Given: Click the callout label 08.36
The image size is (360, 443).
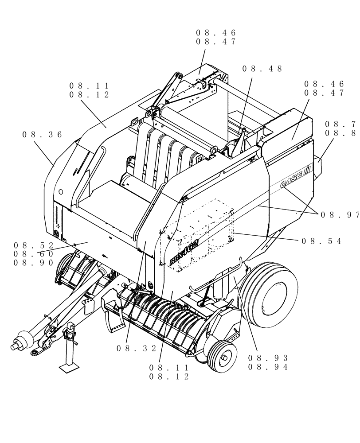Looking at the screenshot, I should pos(42,135).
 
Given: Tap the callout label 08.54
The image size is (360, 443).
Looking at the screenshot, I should pos(321,241).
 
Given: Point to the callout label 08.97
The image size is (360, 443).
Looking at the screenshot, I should pos(340,214).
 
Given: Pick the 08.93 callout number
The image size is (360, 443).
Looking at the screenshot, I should pos(268,358).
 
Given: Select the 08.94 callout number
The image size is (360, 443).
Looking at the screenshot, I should pos(268,367).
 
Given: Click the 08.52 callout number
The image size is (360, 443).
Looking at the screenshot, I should pos(34,245).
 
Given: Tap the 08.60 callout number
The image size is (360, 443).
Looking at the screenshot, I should pos(34,254).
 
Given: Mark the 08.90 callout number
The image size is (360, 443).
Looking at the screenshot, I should pos(34,263).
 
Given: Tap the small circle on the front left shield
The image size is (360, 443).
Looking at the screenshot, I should pos(61,193).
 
